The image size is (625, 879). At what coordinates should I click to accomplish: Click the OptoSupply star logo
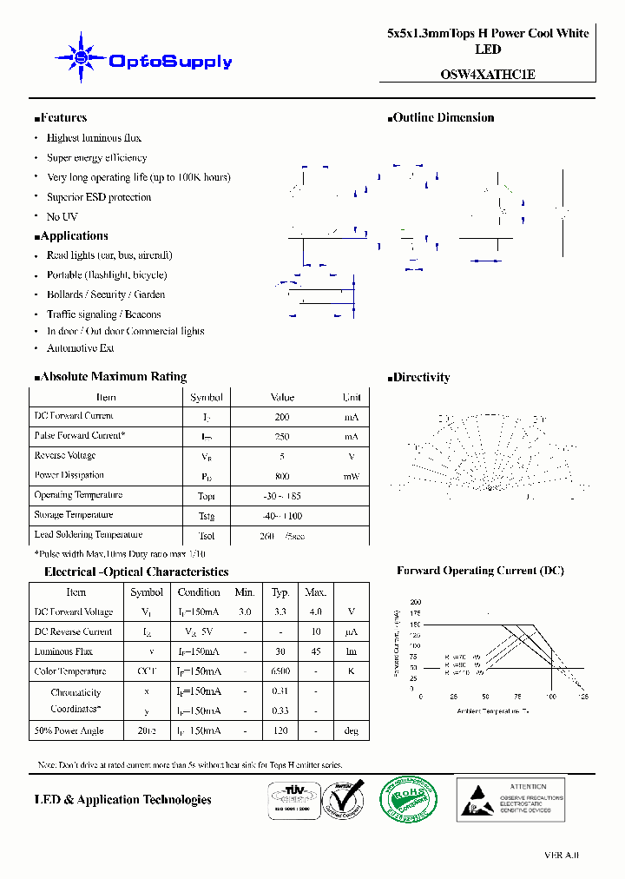81,58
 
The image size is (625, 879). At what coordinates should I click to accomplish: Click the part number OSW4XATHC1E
487,75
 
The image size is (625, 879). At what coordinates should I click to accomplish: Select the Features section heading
62,118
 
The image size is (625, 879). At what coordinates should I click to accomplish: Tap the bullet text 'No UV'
62,216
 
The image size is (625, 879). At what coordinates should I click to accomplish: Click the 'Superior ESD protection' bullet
98,197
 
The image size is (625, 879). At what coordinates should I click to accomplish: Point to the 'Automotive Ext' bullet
80,348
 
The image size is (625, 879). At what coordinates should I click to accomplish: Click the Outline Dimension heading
443,118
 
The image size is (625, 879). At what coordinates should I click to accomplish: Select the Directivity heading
420,378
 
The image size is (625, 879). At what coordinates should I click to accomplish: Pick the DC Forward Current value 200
282,417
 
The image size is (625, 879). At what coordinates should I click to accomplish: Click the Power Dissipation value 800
282,477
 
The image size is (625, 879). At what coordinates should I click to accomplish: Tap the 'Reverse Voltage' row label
65,456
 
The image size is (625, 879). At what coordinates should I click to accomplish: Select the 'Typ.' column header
280,592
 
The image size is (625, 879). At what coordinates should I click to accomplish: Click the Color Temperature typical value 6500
280,671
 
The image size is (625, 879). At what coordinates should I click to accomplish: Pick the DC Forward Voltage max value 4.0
314,612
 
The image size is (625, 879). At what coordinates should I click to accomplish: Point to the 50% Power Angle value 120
280,730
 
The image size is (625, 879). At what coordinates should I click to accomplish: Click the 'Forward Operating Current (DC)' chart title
480,572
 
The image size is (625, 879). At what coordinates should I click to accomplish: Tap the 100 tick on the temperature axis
550,697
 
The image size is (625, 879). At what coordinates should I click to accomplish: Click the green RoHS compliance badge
410,800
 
